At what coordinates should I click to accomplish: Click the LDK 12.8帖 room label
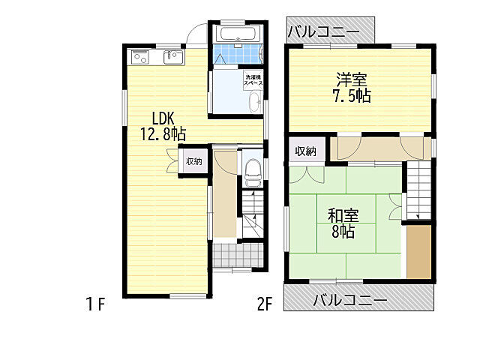(163, 126)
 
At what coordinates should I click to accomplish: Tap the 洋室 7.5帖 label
(352, 87)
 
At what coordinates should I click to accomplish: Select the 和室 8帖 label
(343, 223)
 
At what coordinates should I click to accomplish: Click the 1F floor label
(96, 304)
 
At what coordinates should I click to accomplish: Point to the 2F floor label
(265, 304)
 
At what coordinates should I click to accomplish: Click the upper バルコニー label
(324, 31)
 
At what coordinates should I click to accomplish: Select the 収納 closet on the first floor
(194, 161)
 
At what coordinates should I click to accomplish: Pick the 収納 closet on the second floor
(305, 151)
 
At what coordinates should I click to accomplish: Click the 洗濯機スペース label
(253, 80)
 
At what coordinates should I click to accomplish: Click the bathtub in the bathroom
(238, 34)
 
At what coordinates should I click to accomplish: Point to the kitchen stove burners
(139, 58)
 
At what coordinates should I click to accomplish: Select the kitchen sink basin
(173, 57)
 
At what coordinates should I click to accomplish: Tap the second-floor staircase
(418, 190)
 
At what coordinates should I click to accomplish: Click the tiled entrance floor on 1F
(238, 256)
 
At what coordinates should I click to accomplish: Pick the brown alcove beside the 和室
(418, 252)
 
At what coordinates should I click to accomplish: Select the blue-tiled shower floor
(238, 54)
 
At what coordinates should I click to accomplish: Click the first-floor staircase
(253, 214)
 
